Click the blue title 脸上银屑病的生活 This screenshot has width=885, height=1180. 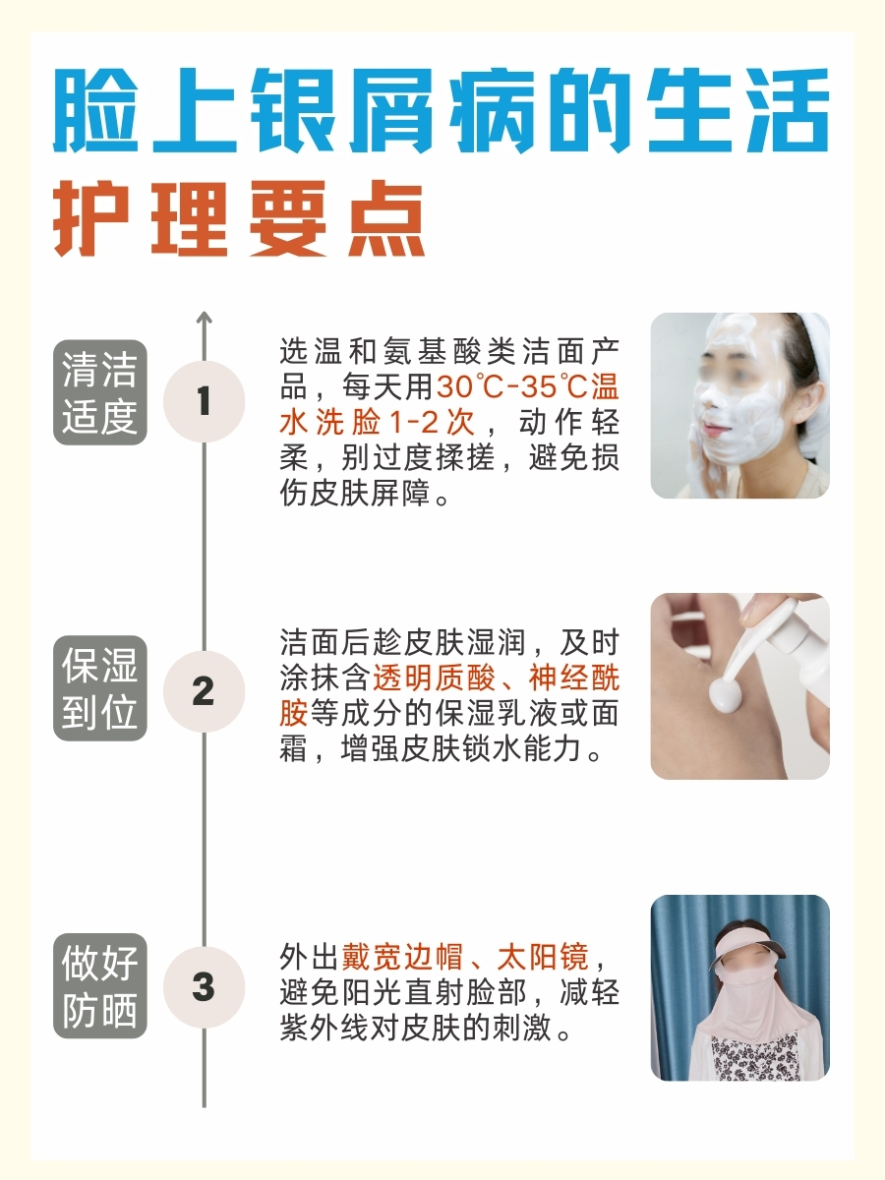442,110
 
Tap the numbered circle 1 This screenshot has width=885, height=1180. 204,401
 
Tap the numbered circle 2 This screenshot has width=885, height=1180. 204,691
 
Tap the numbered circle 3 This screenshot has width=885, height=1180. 204,986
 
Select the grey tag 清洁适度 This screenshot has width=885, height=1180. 99,392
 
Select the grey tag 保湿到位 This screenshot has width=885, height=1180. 99,688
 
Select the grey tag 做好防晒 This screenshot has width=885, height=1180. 99,985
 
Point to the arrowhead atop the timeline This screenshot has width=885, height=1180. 204,317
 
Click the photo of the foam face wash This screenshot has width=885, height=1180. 739,405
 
